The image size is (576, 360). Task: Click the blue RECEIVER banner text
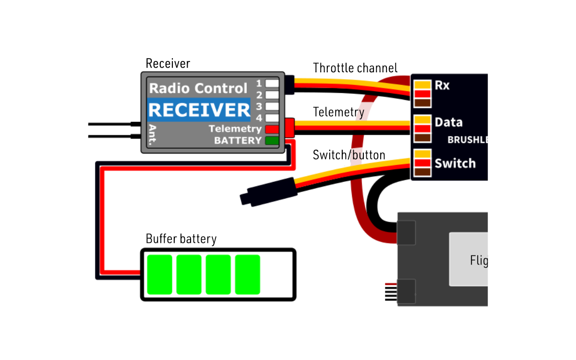coord(199,110)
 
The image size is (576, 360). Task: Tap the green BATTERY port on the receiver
coord(272,141)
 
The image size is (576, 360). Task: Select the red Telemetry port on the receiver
coord(272,129)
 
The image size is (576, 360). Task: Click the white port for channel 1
coord(272,83)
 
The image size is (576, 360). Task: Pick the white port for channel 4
coord(272,117)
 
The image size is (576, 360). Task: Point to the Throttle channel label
coord(355,68)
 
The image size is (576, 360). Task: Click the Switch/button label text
coord(349,155)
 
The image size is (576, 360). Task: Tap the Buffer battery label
coord(181,239)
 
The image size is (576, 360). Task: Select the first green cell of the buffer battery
coord(159,275)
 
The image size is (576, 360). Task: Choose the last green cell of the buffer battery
coord(248,275)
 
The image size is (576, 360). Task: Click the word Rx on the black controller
coord(442,85)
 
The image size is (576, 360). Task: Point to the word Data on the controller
coord(448,122)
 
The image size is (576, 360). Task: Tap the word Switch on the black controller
coord(455,164)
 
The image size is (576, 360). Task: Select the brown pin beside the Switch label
coord(422,172)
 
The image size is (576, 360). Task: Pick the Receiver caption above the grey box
coord(168,63)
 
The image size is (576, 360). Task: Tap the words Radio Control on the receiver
coord(198,88)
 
